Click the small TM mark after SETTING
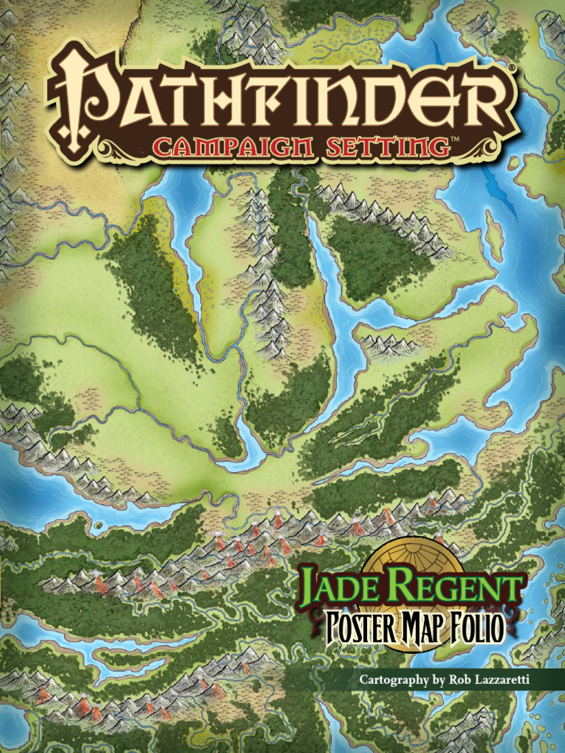(x=455, y=139)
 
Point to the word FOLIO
(x=477, y=629)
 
